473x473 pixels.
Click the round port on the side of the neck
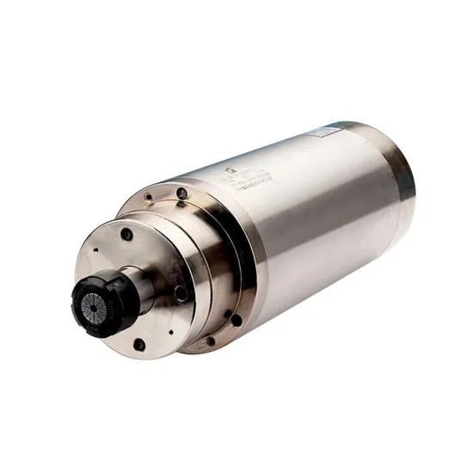(180, 292)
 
